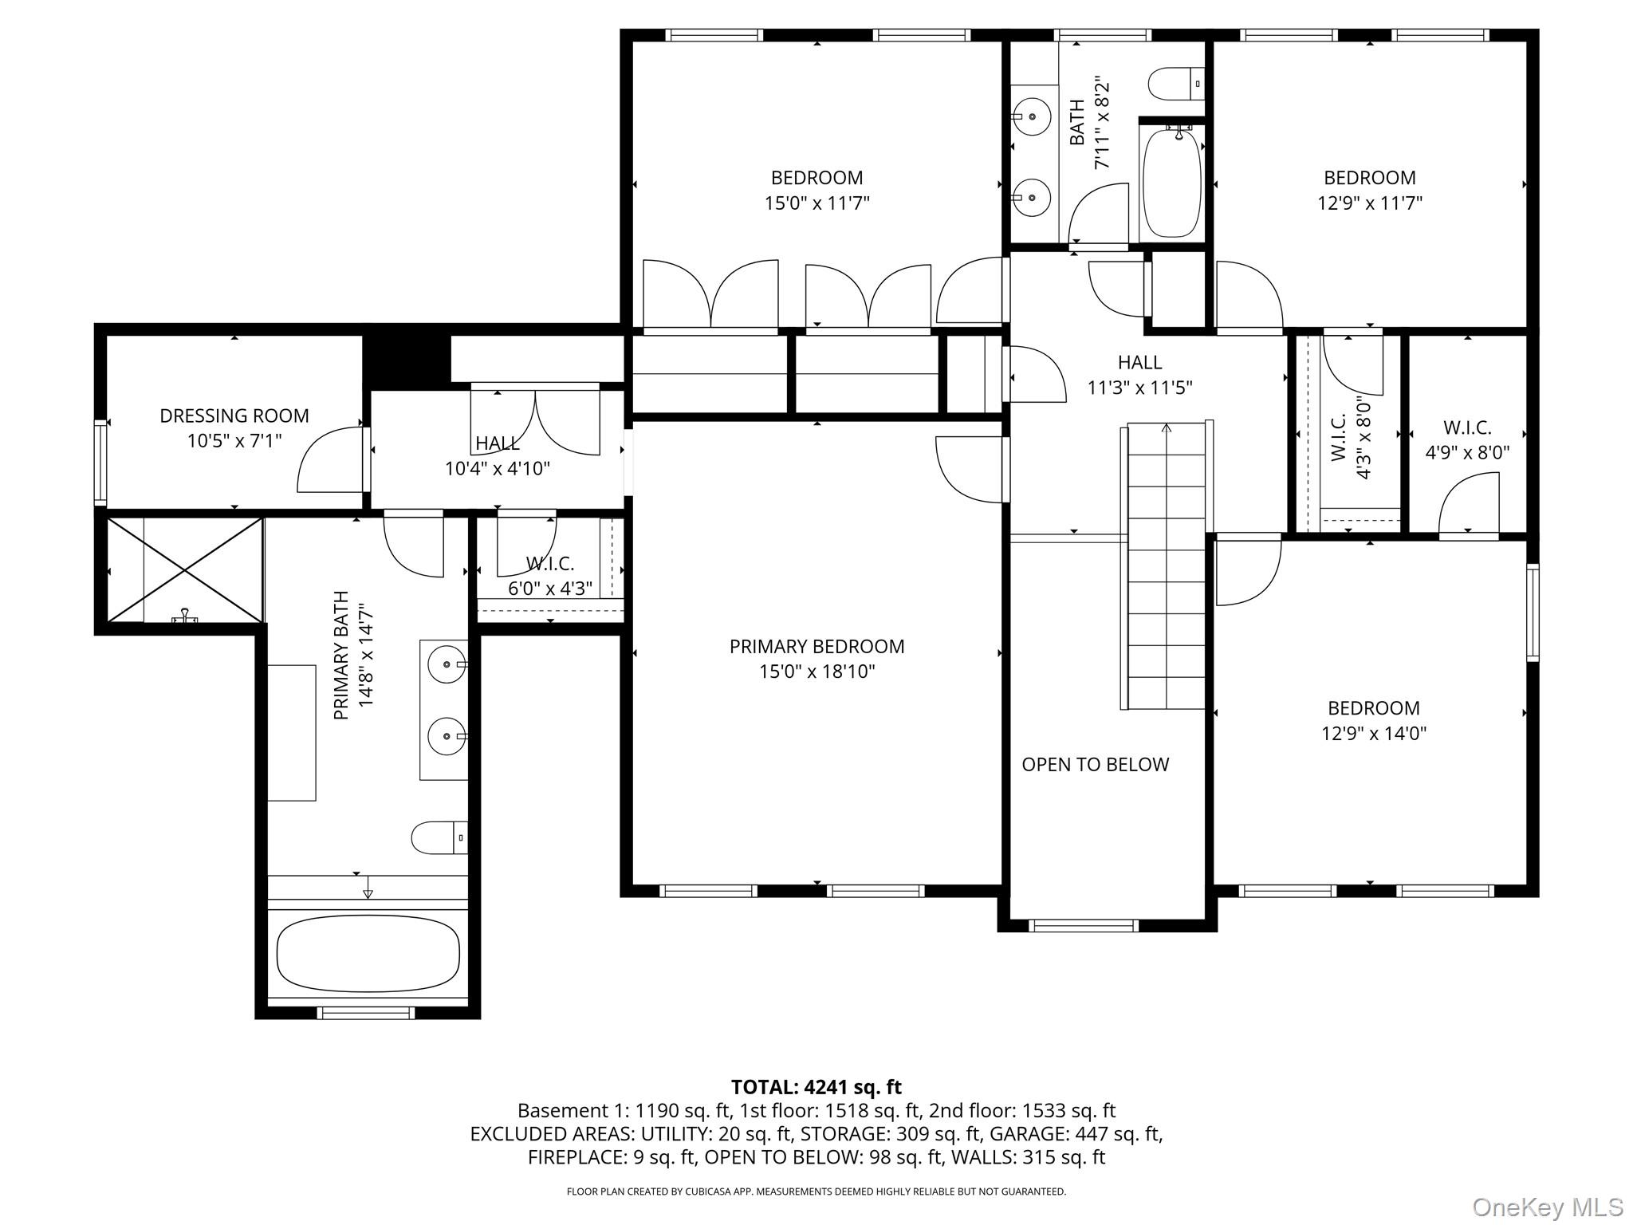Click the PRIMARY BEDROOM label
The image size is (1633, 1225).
(816, 646)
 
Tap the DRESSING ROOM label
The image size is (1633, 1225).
(234, 416)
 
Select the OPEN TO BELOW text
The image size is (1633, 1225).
(1095, 764)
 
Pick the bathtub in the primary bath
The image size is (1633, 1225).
(368, 954)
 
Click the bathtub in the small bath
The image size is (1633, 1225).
(1171, 183)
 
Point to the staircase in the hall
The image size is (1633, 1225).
(1167, 565)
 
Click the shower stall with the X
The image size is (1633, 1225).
(185, 569)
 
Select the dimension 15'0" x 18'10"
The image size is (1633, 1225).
(816, 672)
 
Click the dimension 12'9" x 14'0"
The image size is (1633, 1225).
(1373, 733)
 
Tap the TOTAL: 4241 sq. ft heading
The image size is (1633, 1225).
(816, 1087)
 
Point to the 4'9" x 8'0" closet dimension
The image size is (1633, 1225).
(1467, 453)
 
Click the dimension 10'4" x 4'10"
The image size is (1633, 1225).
(498, 468)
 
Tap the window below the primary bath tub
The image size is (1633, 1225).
(366, 1013)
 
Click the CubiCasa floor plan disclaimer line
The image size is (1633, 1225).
(816, 1192)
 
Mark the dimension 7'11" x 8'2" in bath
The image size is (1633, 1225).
(1102, 123)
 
